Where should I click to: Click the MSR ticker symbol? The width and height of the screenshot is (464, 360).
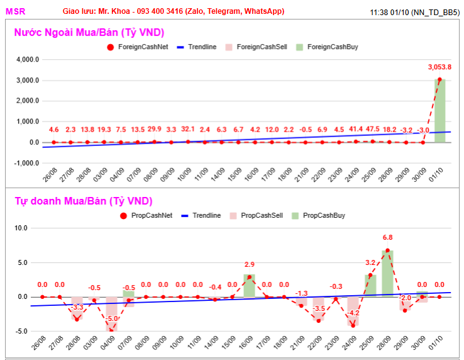coord(15,11)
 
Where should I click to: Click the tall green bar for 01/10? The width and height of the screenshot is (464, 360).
coord(439,111)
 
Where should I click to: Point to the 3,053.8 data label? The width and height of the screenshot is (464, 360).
coord(439,67)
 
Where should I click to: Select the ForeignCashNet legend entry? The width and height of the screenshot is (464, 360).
coord(138,47)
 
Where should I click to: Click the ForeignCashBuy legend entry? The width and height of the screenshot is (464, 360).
coord(327,47)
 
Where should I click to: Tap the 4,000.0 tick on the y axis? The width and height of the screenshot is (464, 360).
coord(28,60)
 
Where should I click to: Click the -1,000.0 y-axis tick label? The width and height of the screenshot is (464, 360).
coord(26,163)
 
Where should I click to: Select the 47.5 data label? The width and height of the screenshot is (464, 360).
coord(373,129)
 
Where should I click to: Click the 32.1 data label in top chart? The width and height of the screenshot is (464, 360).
coord(188,129)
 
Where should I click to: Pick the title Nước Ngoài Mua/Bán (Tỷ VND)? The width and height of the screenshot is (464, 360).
coord(89,32)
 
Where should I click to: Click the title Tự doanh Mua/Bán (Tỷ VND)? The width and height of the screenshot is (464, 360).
coord(84,201)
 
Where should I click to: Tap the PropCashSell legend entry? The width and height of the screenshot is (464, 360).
coord(257,215)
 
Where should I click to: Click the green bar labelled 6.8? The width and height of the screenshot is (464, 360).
coord(388,274)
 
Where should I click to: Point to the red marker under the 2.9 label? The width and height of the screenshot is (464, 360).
coord(250,277)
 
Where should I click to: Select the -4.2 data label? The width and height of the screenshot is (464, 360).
coord(353,313)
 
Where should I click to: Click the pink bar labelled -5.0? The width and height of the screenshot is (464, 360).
coord(111,314)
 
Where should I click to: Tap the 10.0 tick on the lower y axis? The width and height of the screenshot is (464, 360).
coord(21,228)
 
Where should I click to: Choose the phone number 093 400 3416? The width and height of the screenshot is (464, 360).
coord(160,11)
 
